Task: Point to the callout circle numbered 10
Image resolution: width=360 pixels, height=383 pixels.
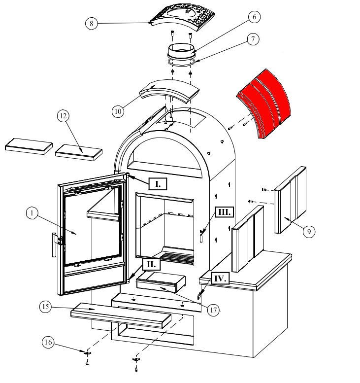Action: [x=118, y=111]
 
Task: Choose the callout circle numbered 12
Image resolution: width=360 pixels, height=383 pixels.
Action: [x=63, y=116]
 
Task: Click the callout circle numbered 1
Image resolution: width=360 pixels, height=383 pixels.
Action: [x=32, y=213]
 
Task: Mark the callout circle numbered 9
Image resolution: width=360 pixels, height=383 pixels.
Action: [x=309, y=231]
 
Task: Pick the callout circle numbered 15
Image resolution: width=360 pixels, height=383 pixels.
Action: [x=46, y=307]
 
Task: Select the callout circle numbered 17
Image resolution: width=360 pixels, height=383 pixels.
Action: [x=213, y=310]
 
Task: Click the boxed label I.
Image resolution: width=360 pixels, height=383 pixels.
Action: [x=158, y=184]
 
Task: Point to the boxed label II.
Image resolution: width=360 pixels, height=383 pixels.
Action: [x=151, y=264]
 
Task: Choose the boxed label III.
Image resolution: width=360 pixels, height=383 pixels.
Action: [x=224, y=212]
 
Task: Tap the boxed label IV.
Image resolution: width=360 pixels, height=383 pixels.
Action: [x=220, y=279]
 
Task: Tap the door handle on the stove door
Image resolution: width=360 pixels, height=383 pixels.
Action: [x=53, y=245]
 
